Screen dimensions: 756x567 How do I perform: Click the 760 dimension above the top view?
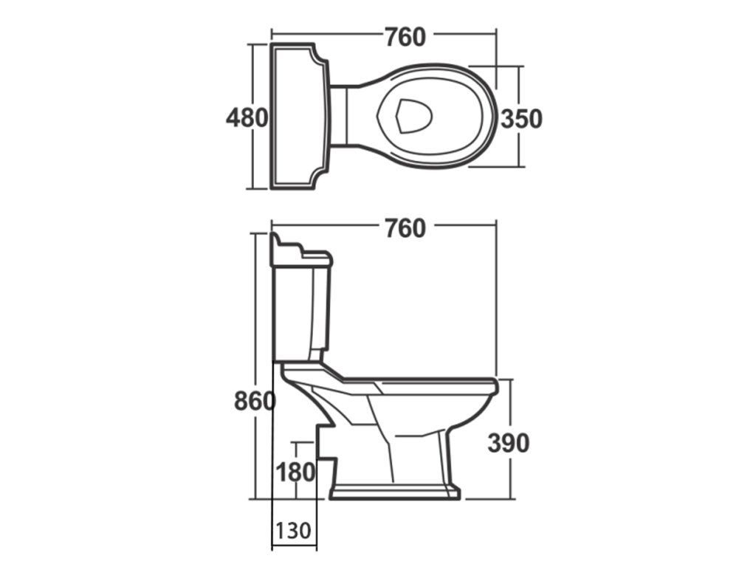click(405, 37)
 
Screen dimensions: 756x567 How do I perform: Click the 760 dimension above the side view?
click(405, 229)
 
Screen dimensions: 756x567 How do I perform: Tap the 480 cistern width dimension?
click(247, 117)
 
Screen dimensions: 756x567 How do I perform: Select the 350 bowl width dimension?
click(521, 119)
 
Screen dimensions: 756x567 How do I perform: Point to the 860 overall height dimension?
click(255, 401)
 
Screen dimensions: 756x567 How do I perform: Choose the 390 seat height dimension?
click(508, 443)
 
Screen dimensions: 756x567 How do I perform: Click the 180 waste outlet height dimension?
click(295, 472)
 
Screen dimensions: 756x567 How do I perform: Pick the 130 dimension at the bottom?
click(292, 531)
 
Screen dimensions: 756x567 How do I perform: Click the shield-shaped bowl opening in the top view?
click(413, 116)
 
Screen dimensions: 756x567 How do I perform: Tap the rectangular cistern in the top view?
click(300, 116)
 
